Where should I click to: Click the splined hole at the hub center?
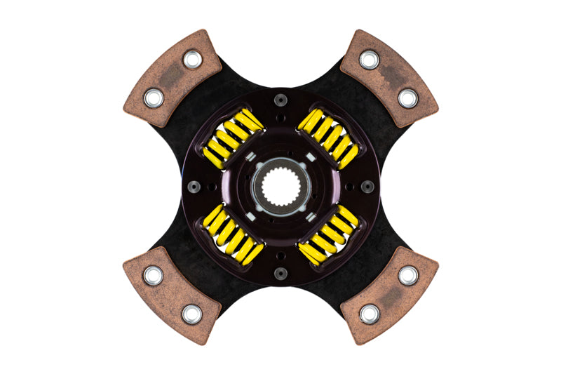pyautogui.click(x=280, y=187)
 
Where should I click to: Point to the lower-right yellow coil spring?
pyautogui.click(x=327, y=235)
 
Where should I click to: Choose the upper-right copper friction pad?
pyautogui.click(x=388, y=77)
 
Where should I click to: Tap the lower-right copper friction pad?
pyautogui.click(x=388, y=295)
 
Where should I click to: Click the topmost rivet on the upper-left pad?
pyautogui.click(x=192, y=60)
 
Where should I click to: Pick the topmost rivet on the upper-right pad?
pyautogui.click(x=369, y=60)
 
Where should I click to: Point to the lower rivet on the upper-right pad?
pyautogui.click(x=407, y=98)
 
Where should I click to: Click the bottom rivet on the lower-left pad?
pyautogui.click(x=191, y=314)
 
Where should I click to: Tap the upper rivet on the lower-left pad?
pyautogui.click(x=153, y=276)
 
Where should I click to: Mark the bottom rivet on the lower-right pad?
pyautogui.click(x=369, y=314)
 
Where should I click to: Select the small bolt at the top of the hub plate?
pyautogui.click(x=280, y=99)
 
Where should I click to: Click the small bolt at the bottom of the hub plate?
pyautogui.click(x=280, y=274)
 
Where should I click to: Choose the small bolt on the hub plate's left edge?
pyautogui.click(x=193, y=187)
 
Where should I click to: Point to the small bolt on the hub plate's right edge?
pyautogui.click(x=367, y=187)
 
